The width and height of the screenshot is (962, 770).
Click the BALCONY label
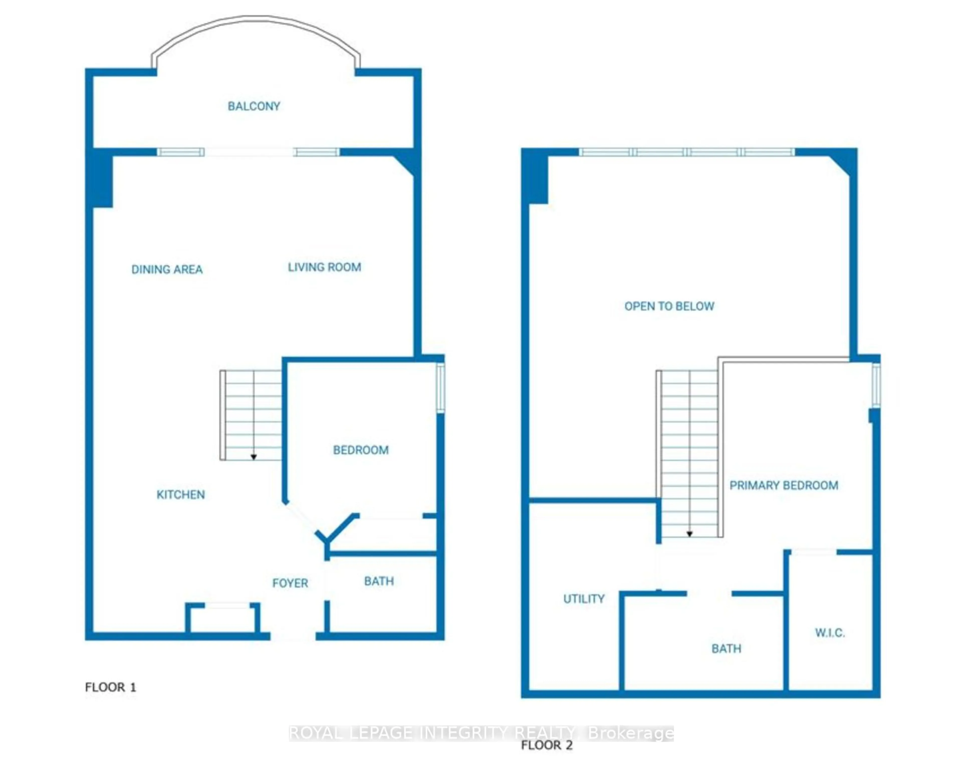(254, 106)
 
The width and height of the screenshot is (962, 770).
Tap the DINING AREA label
(167, 270)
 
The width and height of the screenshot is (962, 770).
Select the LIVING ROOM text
(324, 267)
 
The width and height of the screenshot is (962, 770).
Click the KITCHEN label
(181, 495)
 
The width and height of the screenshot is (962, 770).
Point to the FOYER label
(290, 583)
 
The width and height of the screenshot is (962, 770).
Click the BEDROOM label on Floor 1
(360, 450)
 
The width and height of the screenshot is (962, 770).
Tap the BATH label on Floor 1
(379, 581)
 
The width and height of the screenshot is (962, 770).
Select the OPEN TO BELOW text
(669, 306)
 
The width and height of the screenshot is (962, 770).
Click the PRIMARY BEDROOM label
(784, 485)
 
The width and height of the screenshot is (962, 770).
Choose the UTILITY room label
(584, 599)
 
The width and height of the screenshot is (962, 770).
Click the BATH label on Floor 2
(726, 648)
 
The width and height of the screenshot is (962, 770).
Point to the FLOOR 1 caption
(110, 687)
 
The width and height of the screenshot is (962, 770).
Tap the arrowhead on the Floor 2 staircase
(689, 534)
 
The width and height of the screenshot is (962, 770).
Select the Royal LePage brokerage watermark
(481, 733)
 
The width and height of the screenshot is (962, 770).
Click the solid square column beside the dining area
(102, 179)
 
